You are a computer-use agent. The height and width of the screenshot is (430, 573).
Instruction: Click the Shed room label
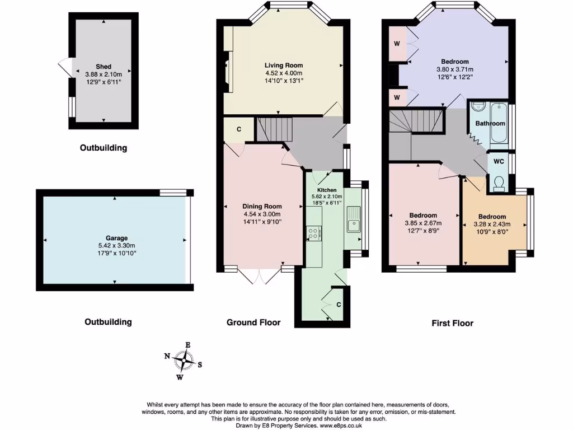(x=104, y=67)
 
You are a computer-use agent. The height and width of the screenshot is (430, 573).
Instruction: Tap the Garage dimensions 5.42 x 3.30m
(x=114, y=245)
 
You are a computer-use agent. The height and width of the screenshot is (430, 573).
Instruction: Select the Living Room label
(x=284, y=66)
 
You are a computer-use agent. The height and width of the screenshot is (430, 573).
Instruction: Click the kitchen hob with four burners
(x=314, y=233)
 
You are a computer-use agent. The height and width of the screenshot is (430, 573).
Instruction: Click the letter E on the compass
(x=189, y=345)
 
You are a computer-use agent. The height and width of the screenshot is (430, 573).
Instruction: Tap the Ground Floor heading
(x=253, y=322)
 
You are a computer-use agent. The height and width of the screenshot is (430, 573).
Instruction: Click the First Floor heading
(x=452, y=323)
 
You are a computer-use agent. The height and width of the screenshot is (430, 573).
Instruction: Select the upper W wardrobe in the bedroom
(x=397, y=43)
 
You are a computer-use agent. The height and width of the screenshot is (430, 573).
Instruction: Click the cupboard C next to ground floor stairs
(x=239, y=129)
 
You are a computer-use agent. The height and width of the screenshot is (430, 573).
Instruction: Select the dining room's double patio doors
(x=261, y=274)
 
